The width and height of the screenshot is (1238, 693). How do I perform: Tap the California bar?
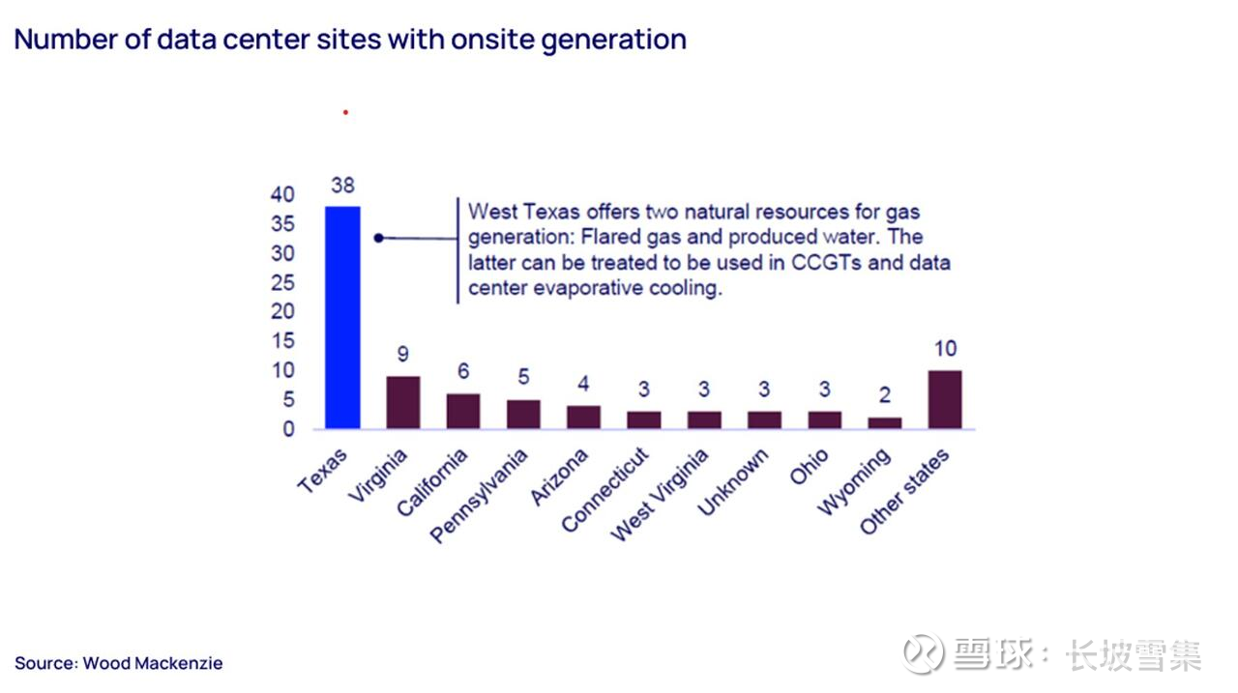[x=463, y=411]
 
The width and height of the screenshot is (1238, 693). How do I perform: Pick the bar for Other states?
[x=944, y=399]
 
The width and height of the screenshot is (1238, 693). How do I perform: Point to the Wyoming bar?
[x=884, y=422]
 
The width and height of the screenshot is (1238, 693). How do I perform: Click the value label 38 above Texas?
[x=342, y=185]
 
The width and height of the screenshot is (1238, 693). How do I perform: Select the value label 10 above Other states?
[x=944, y=349]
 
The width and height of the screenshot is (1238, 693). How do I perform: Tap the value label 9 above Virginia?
[x=403, y=355]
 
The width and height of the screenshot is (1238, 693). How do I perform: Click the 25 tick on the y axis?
[x=282, y=282]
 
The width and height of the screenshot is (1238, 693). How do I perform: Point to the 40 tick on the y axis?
[x=282, y=194]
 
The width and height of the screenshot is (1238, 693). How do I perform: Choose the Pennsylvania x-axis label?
[x=482, y=495]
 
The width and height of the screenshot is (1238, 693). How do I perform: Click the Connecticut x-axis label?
[x=605, y=489]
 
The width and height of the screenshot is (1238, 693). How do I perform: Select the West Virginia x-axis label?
[x=661, y=494]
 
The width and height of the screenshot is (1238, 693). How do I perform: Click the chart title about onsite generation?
[x=350, y=40]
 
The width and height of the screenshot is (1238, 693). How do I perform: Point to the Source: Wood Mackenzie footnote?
[x=118, y=663]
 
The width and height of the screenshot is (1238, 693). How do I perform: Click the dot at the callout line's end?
[x=379, y=238]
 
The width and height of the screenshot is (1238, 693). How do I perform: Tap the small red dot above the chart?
[x=345, y=112]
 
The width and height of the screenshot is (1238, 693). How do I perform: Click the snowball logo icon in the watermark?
[x=923, y=653]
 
